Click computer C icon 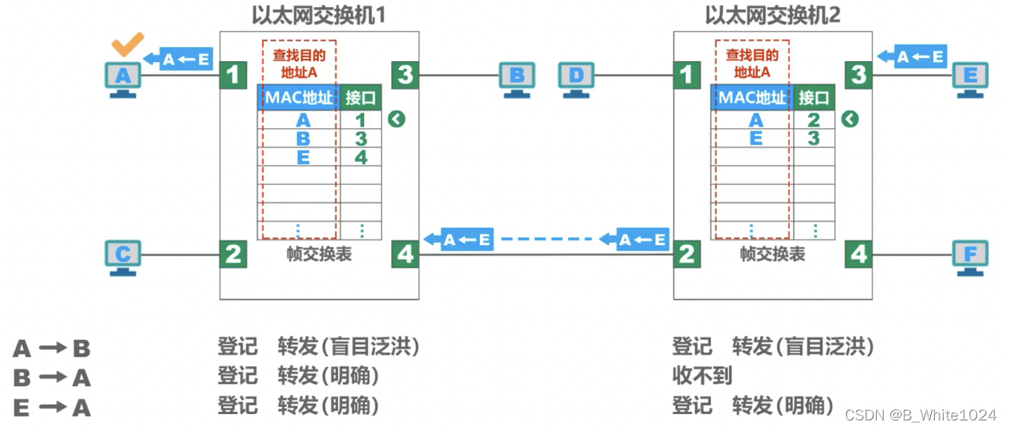coord(123,256)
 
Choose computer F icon coord(970,256)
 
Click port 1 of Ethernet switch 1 coord(233,76)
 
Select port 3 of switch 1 coord(406,76)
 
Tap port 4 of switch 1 coord(406,255)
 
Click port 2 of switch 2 coord(686,255)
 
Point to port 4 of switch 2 coord(858,255)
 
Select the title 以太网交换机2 coord(772,14)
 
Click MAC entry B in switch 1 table coord(303,139)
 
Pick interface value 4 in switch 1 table coord(361,157)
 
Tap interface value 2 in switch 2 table coord(814,120)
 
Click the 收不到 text coord(702,376)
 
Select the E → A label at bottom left coord(52,408)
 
